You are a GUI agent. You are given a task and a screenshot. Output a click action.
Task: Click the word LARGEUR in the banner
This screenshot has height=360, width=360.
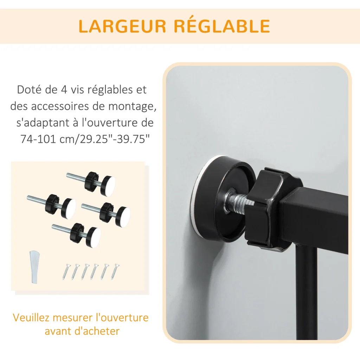pos(122,26)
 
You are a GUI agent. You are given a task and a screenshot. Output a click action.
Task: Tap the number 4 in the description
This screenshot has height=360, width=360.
pos(64,90)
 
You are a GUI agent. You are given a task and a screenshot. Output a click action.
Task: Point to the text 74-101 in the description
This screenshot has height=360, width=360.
pos(38,139)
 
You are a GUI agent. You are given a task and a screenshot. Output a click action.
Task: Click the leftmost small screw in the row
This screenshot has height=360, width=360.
pos(66,272)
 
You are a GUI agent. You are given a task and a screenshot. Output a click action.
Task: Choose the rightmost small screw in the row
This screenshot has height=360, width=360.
pos(115,271)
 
